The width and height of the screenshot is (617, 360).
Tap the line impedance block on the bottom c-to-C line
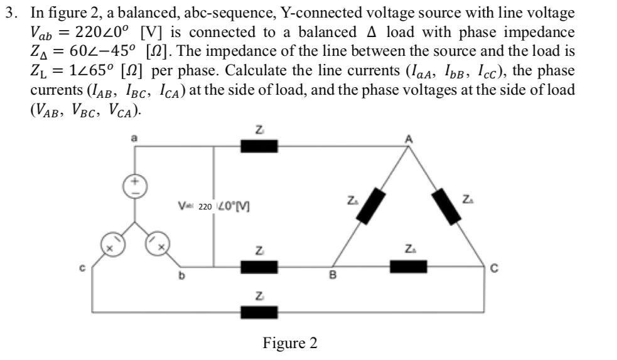pos(259,310)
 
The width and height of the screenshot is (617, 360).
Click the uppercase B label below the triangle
pos(333,273)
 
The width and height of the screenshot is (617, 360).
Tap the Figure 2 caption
pos(290,343)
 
